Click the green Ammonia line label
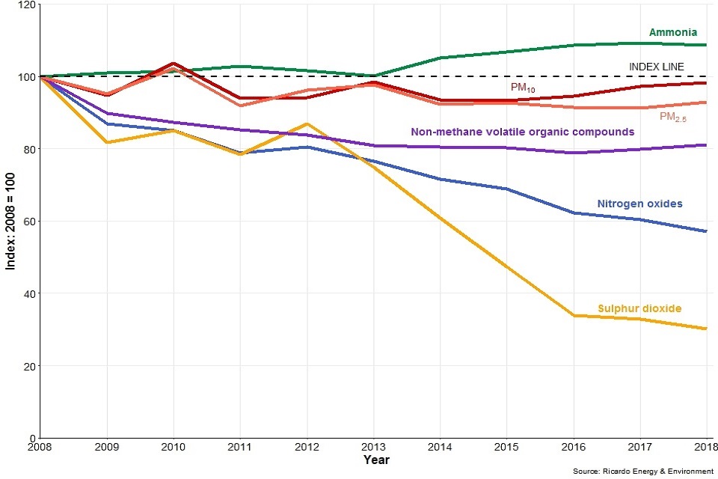point(672,33)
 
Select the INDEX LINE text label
point(656,67)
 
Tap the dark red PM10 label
point(523,88)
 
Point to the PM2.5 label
point(673,117)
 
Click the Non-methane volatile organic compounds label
point(523,132)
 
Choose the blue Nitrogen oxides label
point(639,204)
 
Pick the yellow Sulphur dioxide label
point(639,308)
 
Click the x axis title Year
point(376,460)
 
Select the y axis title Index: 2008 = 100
point(10,222)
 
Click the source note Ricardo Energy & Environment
point(642,472)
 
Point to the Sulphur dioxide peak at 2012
point(307,123)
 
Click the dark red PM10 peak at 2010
point(174,64)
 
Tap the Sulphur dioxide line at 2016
point(573,316)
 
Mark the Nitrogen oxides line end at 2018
point(706,231)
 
